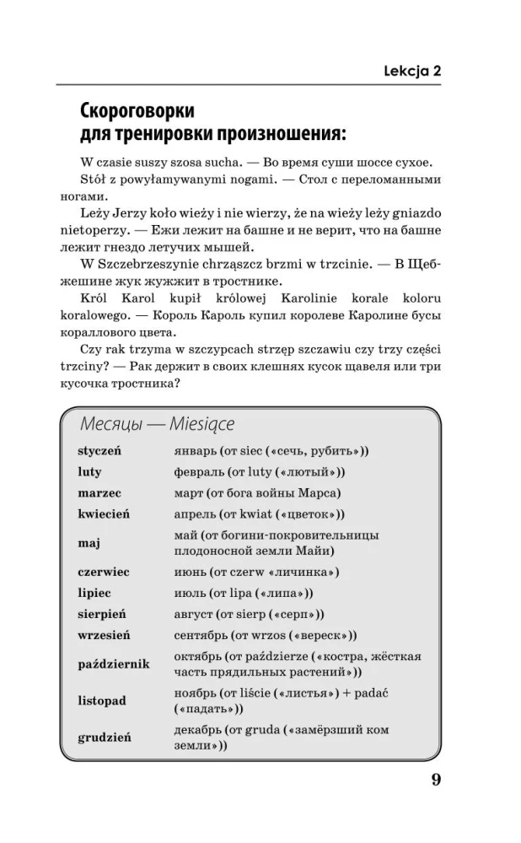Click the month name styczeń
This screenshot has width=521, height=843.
pyautogui.click(x=99, y=450)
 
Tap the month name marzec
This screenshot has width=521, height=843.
pyautogui.click(x=99, y=492)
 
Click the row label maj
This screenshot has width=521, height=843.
pyautogui.click(x=89, y=543)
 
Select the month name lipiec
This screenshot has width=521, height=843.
pyautogui.click(x=94, y=593)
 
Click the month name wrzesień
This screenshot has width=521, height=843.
pyautogui.click(x=104, y=635)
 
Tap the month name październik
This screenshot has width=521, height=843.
pyautogui.click(x=113, y=664)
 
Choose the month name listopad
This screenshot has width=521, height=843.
pyautogui.click(x=101, y=701)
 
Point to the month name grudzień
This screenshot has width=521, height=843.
pyautogui.click(x=105, y=737)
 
